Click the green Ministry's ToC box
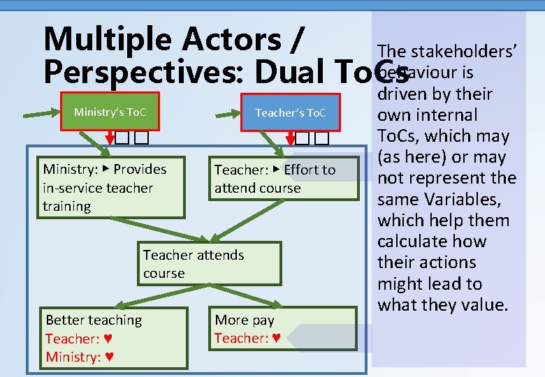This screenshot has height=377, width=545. [x=109, y=112]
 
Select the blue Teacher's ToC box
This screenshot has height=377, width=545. [x=290, y=112]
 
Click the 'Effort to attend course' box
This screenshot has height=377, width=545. [x=283, y=179]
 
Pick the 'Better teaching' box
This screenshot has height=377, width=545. [x=114, y=339]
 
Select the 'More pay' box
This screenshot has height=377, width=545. [x=283, y=330]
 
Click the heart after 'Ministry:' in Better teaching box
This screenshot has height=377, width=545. [x=110, y=357]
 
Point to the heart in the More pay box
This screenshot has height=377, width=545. [x=276, y=339]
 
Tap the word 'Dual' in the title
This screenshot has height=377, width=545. [x=293, y=71]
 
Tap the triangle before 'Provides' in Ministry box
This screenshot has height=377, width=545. [x=106, y=169]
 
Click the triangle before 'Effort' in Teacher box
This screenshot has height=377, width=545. [x=277, y=170]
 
